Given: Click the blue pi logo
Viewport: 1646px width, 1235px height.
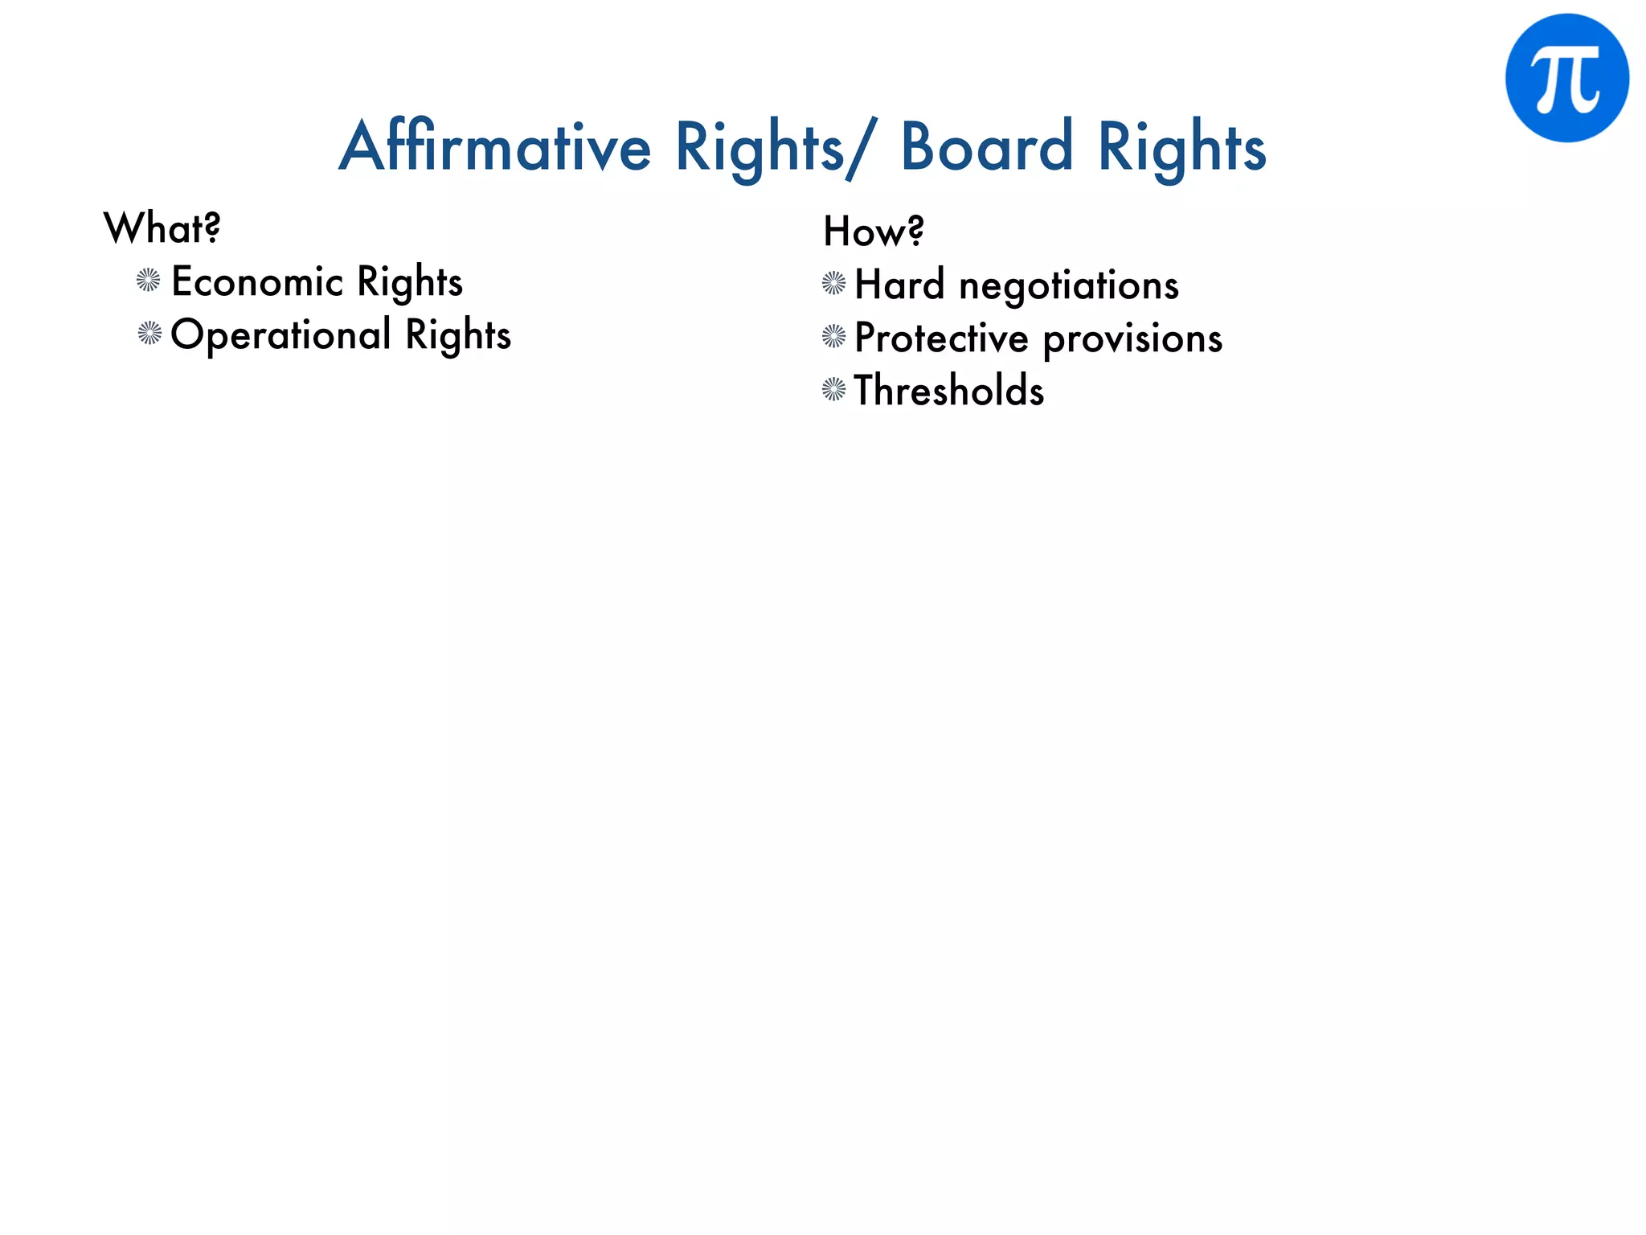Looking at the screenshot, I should pos(1566,78).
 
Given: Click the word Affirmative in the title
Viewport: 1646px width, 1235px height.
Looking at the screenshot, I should pos(494,147).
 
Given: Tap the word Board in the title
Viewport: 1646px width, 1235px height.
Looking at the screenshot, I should pos(986,147).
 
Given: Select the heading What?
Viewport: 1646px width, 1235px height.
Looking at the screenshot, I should pos(162,228).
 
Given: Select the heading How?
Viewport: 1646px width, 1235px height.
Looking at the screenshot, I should pos(874,232).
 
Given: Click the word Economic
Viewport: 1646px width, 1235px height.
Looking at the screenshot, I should pos(258,282).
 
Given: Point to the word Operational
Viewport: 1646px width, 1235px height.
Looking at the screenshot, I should pos(280,334).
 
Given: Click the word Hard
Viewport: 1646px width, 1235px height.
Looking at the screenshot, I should pos(899,285).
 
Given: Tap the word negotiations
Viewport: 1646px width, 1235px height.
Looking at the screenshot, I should pos(1069,285).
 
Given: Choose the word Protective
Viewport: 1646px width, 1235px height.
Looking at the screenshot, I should pos(941,338).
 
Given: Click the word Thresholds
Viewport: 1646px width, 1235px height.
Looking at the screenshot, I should pos(949,391).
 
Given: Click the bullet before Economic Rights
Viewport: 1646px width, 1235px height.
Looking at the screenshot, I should pos(149,281).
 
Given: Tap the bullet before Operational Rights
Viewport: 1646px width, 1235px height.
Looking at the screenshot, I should pos(149,333).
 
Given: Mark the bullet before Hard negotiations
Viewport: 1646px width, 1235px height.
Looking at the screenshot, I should pos(834,283).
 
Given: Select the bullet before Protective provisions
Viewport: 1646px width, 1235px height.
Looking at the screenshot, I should pos(834,336).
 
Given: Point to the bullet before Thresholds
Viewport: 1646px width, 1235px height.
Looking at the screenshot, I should pos(834,390).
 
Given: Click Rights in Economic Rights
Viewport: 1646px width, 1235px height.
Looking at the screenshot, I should pos(410,282).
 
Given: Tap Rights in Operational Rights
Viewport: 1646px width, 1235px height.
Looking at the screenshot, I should pos(458,334).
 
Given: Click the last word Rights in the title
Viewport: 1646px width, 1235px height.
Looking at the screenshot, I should pos(1181,147).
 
